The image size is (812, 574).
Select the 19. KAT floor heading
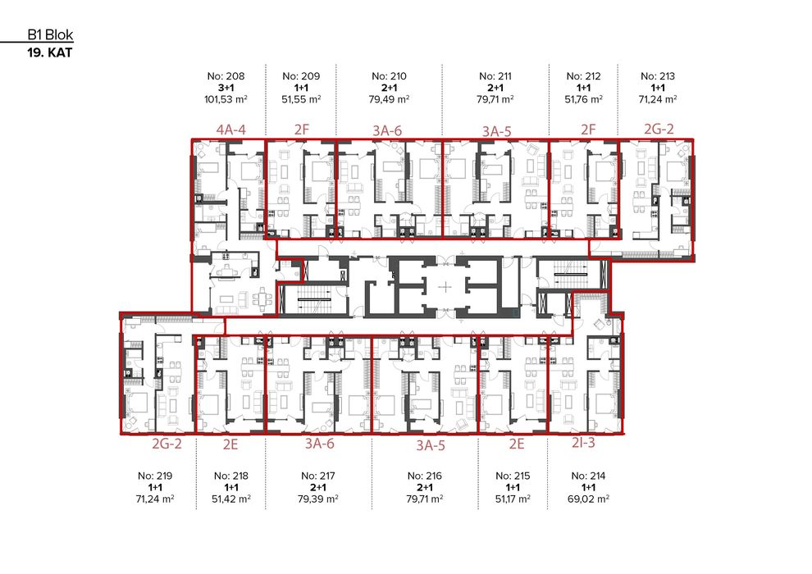coord(50,53)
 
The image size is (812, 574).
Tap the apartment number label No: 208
coord(227,76)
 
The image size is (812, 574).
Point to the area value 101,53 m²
coord(227,98)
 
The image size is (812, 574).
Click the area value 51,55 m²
coord(301,98)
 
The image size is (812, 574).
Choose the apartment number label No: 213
coord(658,76)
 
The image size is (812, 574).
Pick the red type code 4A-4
coord(231,129)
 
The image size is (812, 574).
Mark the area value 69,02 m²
coord(588,498)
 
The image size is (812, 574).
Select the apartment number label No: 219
coord(156,476)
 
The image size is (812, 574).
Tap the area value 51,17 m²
coord(514,498)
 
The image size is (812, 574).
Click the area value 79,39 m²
coord(319,498)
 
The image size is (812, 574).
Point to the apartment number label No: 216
coord(425,476)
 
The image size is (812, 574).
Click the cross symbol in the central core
coord(444,287)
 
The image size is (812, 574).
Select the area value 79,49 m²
coord(389,98)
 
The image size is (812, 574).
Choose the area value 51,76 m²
coord(584,98)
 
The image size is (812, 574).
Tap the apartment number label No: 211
coord(496,76)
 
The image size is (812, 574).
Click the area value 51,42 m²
coord(231,498)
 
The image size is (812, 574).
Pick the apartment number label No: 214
coord(588,476)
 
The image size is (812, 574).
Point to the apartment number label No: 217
coord(319,476)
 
